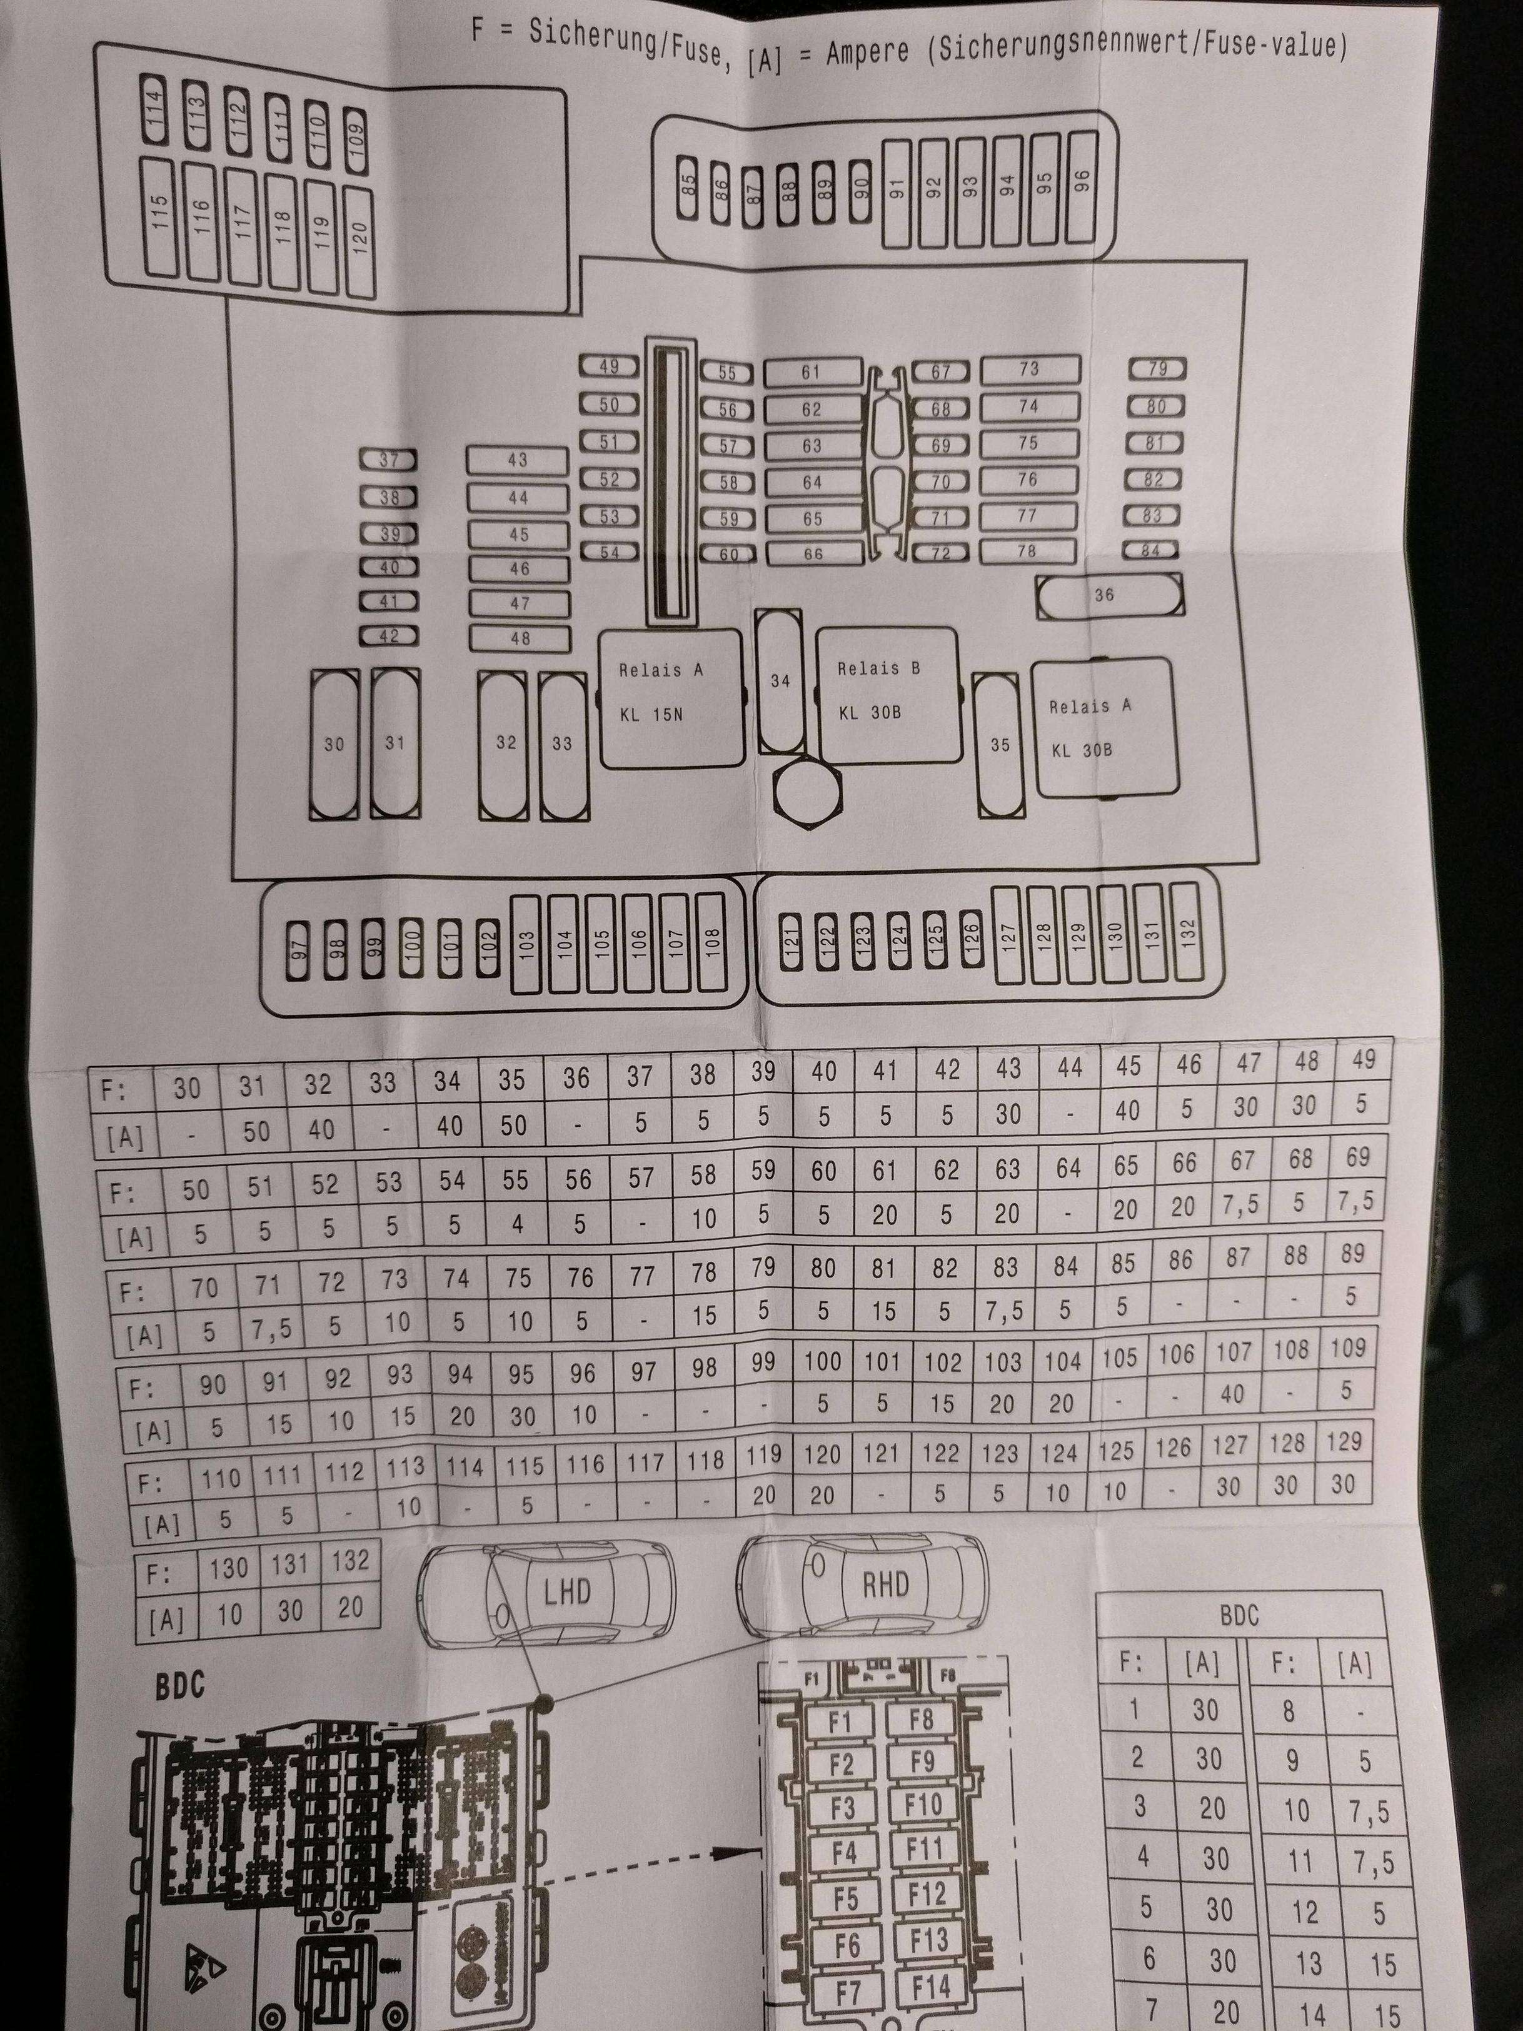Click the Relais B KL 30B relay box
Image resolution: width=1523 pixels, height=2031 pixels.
click(886, 695)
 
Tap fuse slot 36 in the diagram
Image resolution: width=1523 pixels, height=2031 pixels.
click(1109, 595)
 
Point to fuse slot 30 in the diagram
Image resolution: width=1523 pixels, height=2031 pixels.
click(334, 743)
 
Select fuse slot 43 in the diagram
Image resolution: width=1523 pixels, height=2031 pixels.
click(518, 460)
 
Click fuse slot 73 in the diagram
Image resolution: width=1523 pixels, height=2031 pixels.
click(1029, 369)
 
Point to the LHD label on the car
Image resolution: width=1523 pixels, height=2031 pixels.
click(566, 1591)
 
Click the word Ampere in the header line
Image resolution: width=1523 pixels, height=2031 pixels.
click(867, 53)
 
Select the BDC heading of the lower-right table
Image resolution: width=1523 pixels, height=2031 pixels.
click(1239, 1615)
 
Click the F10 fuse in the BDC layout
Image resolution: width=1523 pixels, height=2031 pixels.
click(923, 1804)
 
